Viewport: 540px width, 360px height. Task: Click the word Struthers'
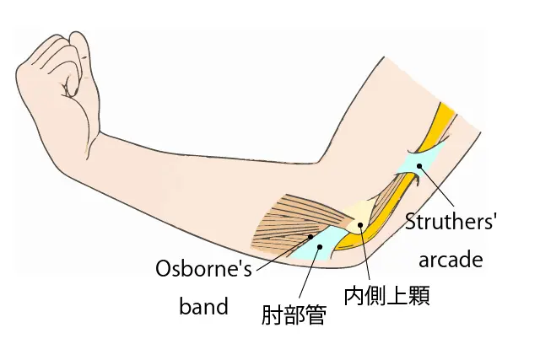point(451,223)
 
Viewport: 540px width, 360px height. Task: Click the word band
point(203,305)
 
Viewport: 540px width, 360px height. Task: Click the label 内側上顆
point(386,297)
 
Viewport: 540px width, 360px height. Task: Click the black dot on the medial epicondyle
point(360,224)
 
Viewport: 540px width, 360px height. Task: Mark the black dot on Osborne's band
point(317,238)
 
